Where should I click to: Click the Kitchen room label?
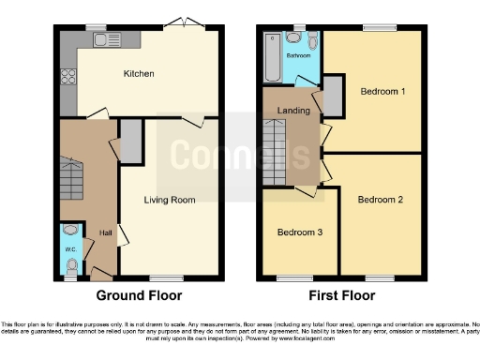point(139,73)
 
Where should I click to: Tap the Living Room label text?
point(169,200)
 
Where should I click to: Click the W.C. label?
point(69,249)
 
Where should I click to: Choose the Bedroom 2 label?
point(380,200)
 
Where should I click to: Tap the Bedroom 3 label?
point(299,232)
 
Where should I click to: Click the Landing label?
point(295,111)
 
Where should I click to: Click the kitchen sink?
point(100,39)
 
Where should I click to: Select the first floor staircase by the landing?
point(275,153)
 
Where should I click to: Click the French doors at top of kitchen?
point(191,24)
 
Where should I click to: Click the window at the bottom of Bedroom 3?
point(298,277)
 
